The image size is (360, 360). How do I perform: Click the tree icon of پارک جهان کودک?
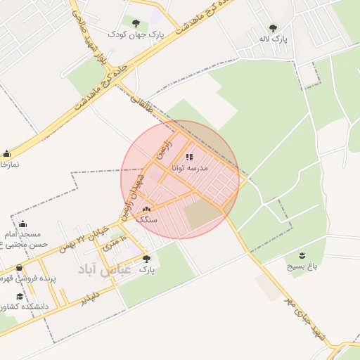(136, 22)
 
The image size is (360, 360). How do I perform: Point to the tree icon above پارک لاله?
(273, 28)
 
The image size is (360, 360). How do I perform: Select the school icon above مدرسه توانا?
(189, 157)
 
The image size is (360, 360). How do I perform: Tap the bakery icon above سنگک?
(146, 209)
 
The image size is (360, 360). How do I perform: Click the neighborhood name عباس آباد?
(105, 268)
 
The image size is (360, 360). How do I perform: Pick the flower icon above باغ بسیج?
(302, 255)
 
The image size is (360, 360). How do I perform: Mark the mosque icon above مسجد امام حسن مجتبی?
(22, 224)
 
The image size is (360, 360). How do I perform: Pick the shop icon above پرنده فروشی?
(19, 268)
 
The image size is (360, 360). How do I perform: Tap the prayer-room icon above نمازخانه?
(7, 154)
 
